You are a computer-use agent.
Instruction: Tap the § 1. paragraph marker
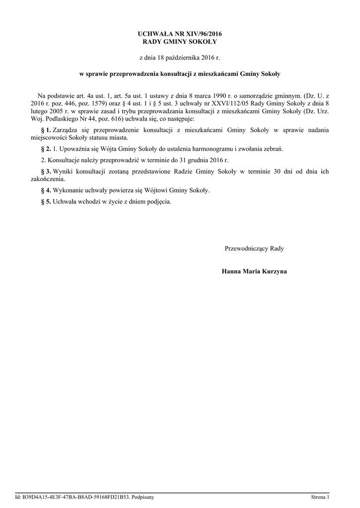pyautogui.click(x=46, y=130)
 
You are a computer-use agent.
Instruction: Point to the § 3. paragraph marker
pyautogui.click(x=46, y=172)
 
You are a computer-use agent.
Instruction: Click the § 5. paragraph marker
pyautogui.click(x=46, y=201)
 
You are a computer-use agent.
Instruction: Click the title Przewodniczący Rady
pyautogui.click(x=254, y=248)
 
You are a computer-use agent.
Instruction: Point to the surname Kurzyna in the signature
pyautogui.click(x=273, y=271)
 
